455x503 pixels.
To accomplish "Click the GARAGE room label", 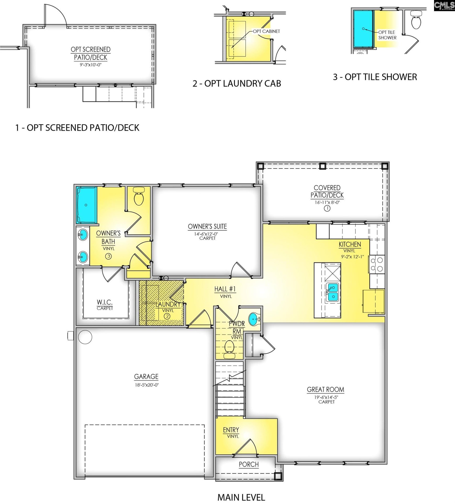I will tap(146, 376).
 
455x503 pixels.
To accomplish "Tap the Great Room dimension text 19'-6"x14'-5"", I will tap(326, 397).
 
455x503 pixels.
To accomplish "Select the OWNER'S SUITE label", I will tap(207, 227).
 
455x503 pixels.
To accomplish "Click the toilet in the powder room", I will tap(230, 348).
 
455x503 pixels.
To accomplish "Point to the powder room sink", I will tap(253, 319).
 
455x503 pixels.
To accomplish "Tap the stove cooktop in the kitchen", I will tap(377, 264).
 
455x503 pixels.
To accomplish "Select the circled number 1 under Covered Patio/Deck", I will tap(327, 209).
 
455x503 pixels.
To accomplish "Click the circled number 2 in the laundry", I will tap(167, 316).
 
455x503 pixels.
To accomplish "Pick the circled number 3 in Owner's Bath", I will tap(108, 256).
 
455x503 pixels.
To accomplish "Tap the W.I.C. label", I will tap(105, 302).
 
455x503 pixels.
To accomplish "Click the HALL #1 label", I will tap(225, 289).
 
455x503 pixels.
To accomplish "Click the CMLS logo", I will tap(444, 5).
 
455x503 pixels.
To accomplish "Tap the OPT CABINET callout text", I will tap(266, 31).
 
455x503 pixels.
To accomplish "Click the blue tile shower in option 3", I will tap(363, 29).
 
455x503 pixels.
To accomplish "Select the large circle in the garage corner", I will tap(85, 337).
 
